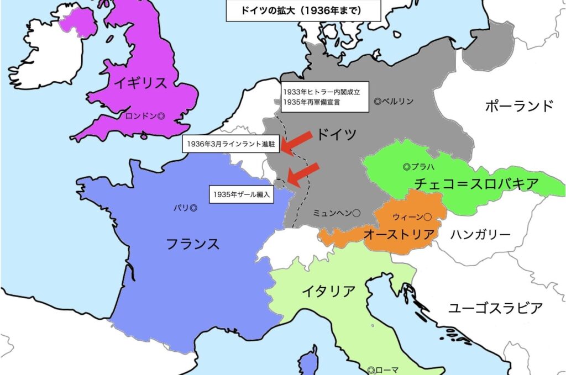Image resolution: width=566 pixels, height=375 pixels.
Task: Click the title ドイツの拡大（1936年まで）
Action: click(x=303, y=10)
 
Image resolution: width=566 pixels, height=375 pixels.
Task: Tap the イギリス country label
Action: click(x=140, y=83)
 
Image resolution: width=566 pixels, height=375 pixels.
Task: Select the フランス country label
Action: click(x=193, y=244)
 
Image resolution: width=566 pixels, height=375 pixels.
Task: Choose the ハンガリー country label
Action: click(x=480, y=235)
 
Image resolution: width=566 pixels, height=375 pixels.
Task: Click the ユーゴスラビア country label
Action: click(x=495, y=308)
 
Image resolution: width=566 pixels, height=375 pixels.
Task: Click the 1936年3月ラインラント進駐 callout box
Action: click(x=230, y=144)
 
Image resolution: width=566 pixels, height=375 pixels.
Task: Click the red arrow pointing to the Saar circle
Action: click(x=303, y=175)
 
